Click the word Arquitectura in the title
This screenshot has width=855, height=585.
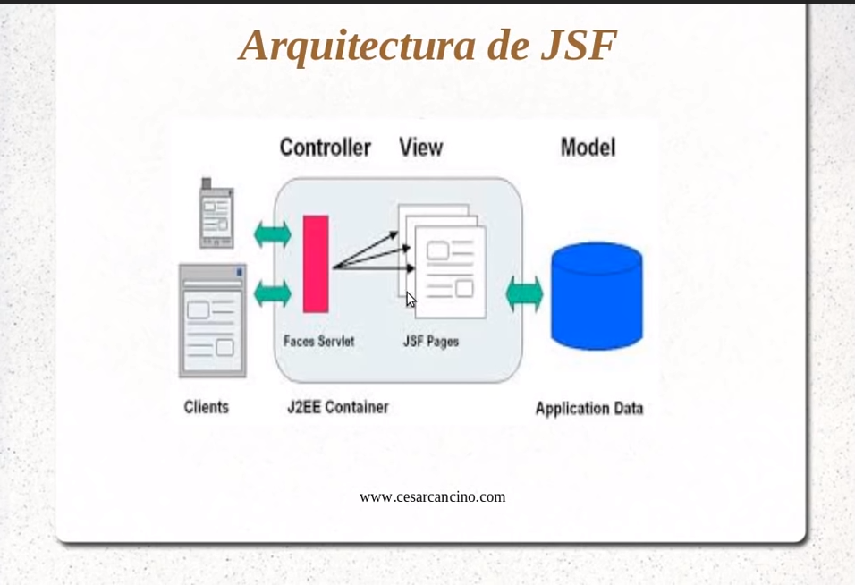point(358,47)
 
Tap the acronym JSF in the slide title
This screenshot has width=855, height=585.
point(579,45)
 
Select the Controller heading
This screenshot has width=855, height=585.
point(326,148)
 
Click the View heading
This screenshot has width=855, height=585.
point(421,148)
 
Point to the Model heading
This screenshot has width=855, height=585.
point(588,148)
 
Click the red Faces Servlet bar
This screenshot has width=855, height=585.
point(316,264)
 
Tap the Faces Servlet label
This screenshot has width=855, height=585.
point(319,342)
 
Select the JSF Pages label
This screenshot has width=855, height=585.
point(431,342)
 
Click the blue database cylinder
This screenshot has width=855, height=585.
point(597,296)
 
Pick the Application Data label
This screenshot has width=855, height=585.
point(589,409)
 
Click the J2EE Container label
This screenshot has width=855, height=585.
point(338,407)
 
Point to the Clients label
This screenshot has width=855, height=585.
point(206,407)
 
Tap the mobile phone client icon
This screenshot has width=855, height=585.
point(216,213)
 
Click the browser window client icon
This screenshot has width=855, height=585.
point(213,320)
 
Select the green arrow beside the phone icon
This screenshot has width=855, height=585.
point(273,235)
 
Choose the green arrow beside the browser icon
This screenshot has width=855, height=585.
point(273,293)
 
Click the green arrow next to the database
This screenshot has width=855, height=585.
point(525,294)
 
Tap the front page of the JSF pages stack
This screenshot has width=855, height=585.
point(451,272)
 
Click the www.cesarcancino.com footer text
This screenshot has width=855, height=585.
point(432,497)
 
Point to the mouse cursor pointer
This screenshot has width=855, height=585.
point(411,300)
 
